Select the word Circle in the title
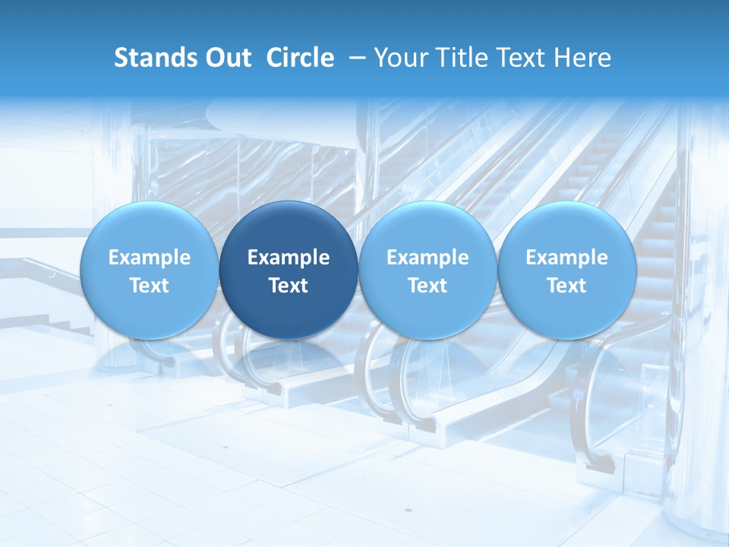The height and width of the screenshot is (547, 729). point(300,58)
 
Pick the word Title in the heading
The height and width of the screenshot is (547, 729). point(459,58)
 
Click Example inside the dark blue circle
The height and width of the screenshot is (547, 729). point(289,258)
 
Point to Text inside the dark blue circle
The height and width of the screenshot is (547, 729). point(289,286)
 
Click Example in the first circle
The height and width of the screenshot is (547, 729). point(150,258)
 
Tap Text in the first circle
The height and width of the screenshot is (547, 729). point(150,286)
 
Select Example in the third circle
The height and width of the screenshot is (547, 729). point(428,258)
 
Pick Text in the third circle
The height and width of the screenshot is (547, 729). point(428,286)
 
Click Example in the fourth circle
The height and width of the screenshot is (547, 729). point(566,258)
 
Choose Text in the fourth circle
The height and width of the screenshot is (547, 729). point(566,286)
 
